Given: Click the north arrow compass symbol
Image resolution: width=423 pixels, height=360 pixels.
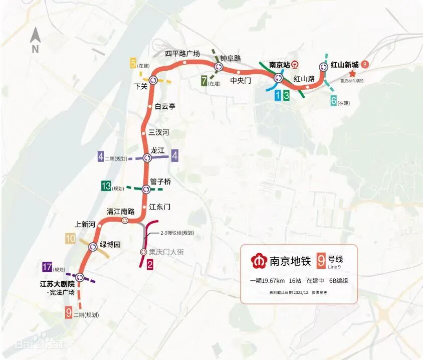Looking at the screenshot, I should [x=35, y=39].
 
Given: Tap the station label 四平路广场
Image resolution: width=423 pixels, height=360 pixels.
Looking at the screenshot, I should [x=183, y=54].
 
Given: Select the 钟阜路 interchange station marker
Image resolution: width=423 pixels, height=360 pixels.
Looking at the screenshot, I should [x=219, y=67].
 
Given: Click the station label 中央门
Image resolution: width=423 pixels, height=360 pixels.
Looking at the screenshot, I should [x=241, y=80].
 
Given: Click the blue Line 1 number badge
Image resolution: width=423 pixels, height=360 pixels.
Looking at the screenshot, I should [x=277, y=95].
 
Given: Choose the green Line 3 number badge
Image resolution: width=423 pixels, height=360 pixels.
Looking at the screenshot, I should [x=286, y=95].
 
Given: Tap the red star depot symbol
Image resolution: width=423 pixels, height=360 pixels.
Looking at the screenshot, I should [x=353, y=73].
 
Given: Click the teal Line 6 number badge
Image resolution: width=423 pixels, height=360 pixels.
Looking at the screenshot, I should [x=333, y=101].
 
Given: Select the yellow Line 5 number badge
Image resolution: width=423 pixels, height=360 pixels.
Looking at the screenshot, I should [x=133, y=64].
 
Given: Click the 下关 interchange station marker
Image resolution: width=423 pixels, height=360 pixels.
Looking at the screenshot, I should [x=152, y=80].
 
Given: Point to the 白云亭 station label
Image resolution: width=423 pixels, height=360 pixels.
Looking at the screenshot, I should [x=165, y=106].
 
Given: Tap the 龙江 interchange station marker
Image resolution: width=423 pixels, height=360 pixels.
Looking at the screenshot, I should [x=147, y=158].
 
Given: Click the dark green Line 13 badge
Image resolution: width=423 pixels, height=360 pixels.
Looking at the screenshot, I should [x=106, y=187].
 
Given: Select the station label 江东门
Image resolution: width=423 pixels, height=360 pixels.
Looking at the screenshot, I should [x=160, y=207].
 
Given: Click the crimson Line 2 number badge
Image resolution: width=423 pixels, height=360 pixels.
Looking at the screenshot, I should [x=149, y=265].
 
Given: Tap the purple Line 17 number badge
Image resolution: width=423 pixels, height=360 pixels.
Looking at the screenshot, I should [x=48, y=267].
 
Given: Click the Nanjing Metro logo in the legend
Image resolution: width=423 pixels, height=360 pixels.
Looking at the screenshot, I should [x=259, y=261].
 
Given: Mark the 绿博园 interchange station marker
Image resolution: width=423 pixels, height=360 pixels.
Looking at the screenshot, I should [x=93, y=247].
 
